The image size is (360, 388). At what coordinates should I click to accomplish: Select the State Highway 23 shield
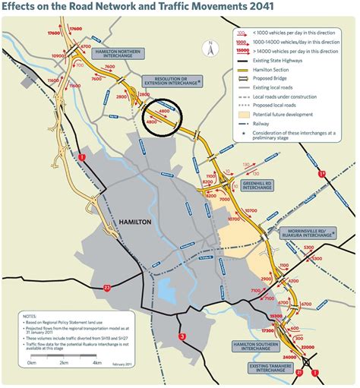tap(108, 288)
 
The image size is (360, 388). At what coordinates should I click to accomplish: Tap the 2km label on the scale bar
tap(64, 364)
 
